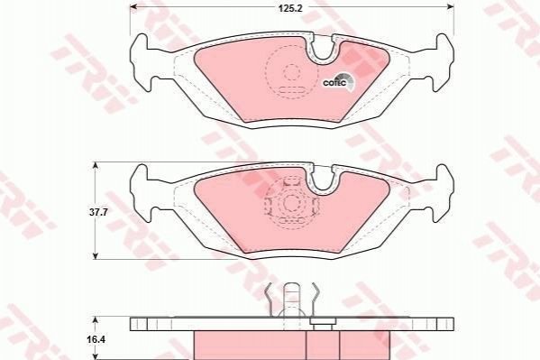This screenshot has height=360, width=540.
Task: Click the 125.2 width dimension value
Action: tap(290, 8)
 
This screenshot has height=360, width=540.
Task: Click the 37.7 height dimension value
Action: tap(99, 212)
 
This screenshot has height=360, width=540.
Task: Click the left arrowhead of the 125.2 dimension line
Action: tap(133, 6)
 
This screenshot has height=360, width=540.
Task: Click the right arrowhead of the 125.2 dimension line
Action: tap(450, 6)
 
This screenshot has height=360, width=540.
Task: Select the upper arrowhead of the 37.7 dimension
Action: tap(96, 166)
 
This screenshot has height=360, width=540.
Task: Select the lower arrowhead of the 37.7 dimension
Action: tap(96, 255)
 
